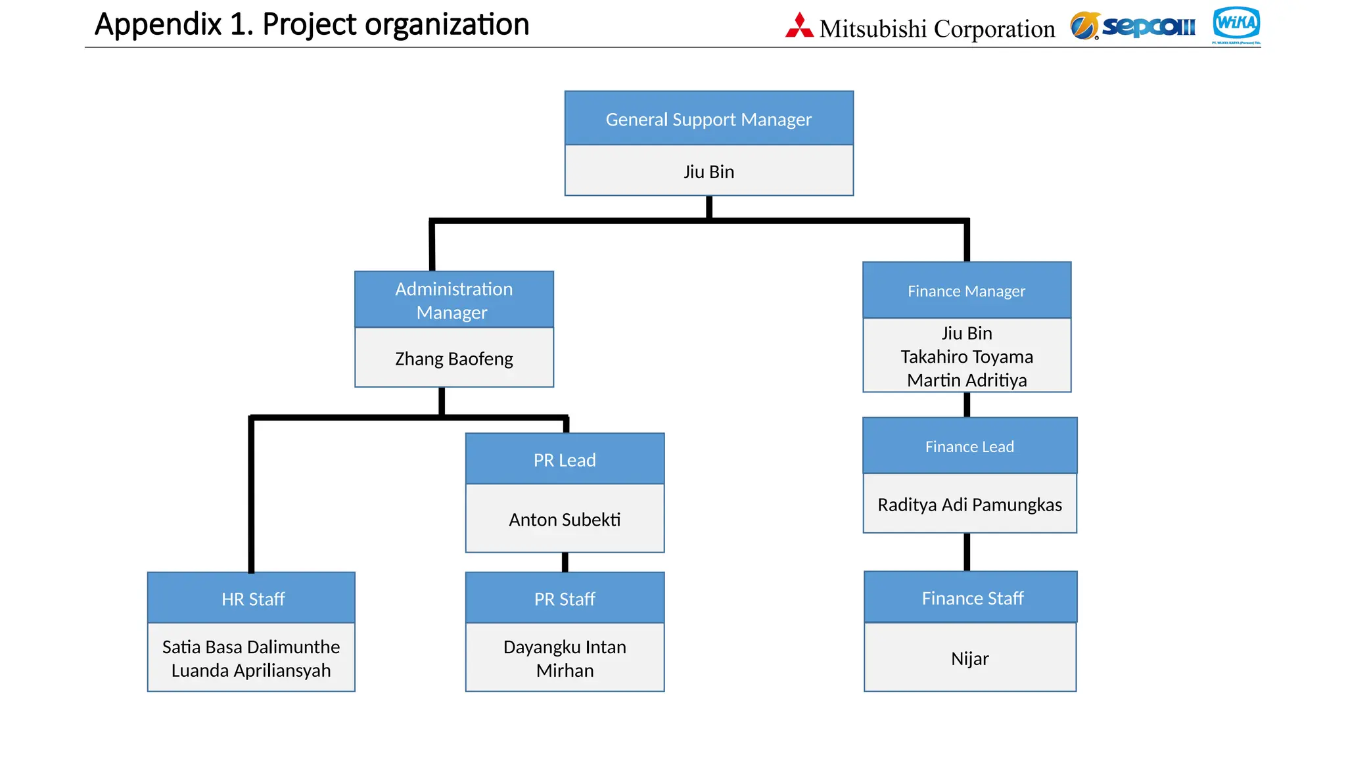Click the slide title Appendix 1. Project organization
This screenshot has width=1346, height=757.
point(312,25)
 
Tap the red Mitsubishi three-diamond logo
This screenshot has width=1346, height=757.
point(799,26)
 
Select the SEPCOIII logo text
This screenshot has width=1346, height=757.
point(1148,27)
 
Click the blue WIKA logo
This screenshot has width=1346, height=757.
point(1236,24)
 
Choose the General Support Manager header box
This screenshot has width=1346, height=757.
point(708,119)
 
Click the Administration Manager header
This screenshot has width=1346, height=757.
point(453,300)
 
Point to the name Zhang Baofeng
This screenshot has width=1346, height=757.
point(453,359)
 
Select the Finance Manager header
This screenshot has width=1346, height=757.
point(966,291)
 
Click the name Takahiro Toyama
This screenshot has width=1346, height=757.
point(967,357)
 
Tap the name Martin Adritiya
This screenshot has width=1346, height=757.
point(967,380)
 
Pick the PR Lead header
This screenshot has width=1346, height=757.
point(565,460)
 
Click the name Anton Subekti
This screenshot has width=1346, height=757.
point(565,520)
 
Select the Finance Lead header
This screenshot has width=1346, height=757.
point(969,447)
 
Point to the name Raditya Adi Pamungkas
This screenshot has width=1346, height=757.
point(969,505)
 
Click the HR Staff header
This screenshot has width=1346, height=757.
point(252,599)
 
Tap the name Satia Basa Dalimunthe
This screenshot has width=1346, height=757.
point(251,647)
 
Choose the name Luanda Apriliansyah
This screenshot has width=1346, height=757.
point(251,671)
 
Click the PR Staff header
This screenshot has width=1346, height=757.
point(565,599)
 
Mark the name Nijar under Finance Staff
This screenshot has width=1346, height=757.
point(969,658)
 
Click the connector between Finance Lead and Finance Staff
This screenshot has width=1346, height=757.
point(967,552)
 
